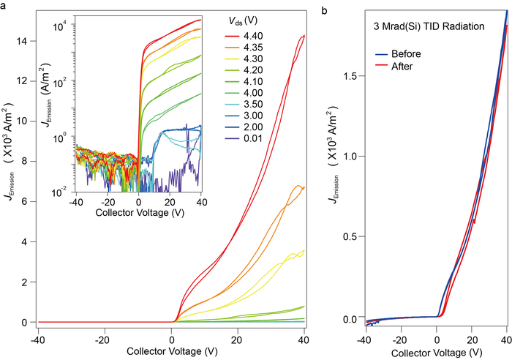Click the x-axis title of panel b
coord(434,353)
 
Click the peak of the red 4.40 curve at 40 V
coord(303,35)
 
